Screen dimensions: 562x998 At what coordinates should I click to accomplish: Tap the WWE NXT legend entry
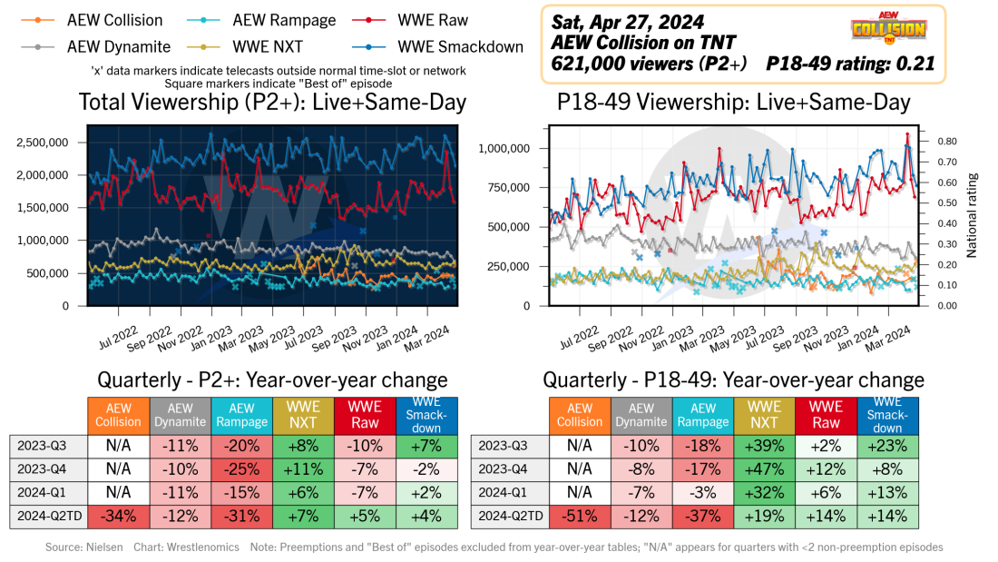coord(270,44)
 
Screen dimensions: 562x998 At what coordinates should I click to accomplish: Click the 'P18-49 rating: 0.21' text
coord(850,64)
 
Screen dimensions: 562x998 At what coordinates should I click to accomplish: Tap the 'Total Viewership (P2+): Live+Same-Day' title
coord(272,103)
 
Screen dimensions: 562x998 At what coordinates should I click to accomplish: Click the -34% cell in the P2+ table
coord(118,516)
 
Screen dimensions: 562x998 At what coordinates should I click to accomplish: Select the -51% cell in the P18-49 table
coord(580,516)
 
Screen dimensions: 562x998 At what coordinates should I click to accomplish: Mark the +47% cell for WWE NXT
coord(764,468)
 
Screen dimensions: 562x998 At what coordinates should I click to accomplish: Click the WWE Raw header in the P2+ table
coord(365,414)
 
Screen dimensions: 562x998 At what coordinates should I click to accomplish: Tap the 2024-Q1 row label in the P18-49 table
coord(509,492)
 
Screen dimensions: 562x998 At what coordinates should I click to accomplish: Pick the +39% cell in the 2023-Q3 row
coord(764,445)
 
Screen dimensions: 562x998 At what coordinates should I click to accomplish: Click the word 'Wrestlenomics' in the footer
coord(210,547)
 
